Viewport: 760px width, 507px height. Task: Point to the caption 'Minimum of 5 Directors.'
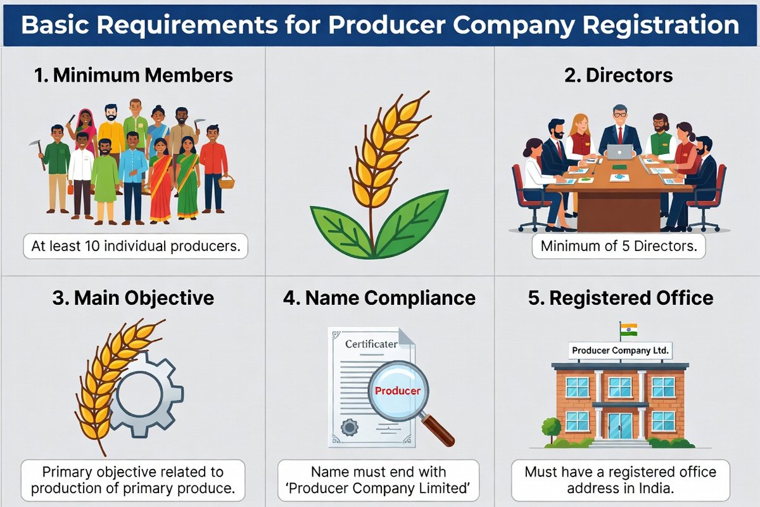pyautogui.click(x=619, y=246)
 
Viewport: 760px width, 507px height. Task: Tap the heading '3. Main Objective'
pyautogui.click(x=134, y=298)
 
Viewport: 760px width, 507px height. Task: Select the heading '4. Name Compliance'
pyautogui.click(x=379, y=298)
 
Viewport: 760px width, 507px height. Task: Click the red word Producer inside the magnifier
pyautogui.click(x=397, y=390)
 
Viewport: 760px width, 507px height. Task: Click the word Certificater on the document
pyautogui.click(x=371, y=344)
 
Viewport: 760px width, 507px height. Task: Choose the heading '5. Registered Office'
pyautogui.click(x=621, y=298)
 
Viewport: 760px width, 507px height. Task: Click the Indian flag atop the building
pyautogui.click(x=629, y=330)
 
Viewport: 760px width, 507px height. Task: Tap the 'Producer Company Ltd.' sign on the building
pyautogui.click(x=620, y=350)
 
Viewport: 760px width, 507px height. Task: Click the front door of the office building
pyautogui.click(x=619, y=425)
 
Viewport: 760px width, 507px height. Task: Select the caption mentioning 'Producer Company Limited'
pyautogui.click(x=379, y=480)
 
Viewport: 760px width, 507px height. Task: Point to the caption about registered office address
pyautogui.click(x=620, y=480)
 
